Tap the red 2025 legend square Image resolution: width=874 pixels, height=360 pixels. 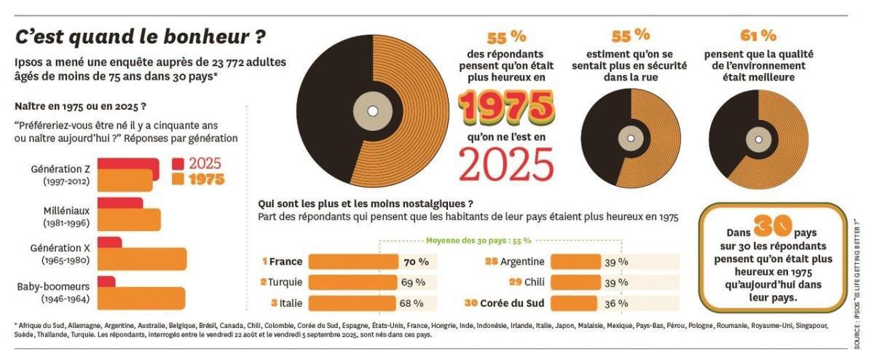(x=178, y=164)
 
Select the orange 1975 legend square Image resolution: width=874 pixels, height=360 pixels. (x=178, y=179)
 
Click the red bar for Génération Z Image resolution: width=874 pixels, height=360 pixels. (x=127, y=164)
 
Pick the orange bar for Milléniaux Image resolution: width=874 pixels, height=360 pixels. (x=129, y=219)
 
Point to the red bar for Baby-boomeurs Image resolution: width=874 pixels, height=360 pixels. (x=106, y=281)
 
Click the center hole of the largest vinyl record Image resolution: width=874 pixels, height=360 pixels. (x=373, y=111)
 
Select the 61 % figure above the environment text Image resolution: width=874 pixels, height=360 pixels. (x=758, y=35)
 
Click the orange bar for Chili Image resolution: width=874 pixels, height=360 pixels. (x=575, y=282)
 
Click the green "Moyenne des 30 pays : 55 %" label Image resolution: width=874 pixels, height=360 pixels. (x=478, y=240)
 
